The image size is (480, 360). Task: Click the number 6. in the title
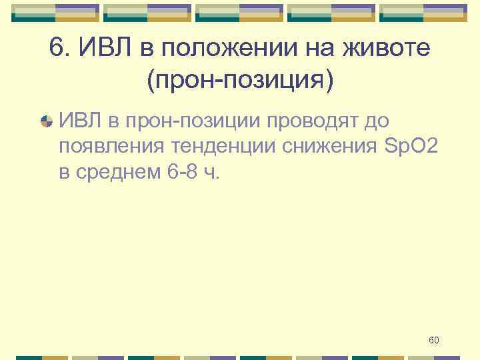coord(59,49)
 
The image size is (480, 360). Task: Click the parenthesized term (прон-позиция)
coord(240,81)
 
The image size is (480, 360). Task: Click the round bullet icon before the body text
coord(46,121)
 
